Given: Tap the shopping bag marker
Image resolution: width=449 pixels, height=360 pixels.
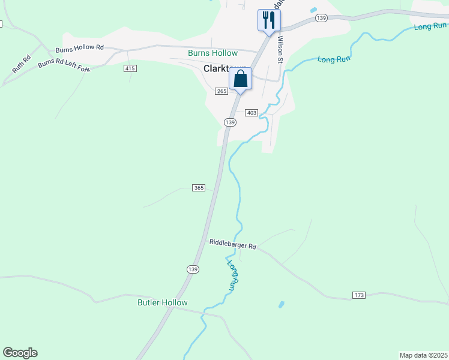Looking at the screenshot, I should tap(240, 79).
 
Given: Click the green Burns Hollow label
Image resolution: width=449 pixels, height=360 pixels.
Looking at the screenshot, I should tap(212, 53).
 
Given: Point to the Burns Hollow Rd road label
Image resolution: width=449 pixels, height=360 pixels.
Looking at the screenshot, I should tap(80, 48).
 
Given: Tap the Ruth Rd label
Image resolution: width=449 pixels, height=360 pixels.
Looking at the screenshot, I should tap(21, 65).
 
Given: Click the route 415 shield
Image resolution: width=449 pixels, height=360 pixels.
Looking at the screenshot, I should tap(130, 68).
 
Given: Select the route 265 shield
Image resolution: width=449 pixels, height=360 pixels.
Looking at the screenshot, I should tap(221, 91).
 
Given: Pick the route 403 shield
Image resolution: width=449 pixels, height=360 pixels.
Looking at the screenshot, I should tap(252, 113).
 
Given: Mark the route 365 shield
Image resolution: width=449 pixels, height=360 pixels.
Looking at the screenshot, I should tap(199, 188).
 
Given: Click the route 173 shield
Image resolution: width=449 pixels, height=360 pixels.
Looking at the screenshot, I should tap(359, 295).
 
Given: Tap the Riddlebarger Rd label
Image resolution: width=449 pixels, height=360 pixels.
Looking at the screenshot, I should tap(233, 245).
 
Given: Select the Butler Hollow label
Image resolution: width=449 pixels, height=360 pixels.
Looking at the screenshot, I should tap(162, 302).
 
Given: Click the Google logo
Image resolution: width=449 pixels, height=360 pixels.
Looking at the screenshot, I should tap(20, 353).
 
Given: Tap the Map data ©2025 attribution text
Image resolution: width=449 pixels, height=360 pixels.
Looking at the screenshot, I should tap(423, 355).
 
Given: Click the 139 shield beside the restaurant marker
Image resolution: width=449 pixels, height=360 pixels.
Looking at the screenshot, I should tap(321, 19).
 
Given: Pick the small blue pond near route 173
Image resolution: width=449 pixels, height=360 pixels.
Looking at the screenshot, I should tap(281, 305).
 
